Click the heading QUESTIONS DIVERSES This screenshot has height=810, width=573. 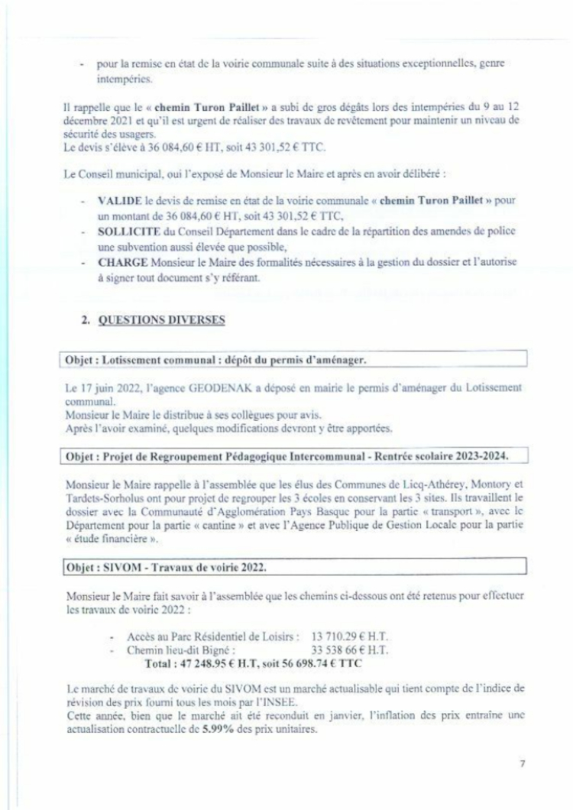pos(162,321)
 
